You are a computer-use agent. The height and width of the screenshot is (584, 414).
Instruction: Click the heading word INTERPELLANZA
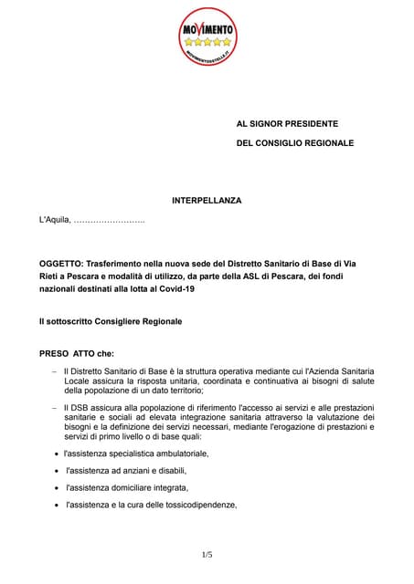pyautogui.click(x=207, y=200)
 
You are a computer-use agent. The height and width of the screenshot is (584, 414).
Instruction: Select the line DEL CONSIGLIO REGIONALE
pyautogui.click(x=295, y=143)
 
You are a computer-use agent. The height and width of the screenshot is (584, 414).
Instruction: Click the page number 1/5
pyautogui.click(x=207, y=555)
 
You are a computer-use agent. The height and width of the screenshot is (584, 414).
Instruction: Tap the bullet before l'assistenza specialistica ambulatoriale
pyautogui.click(x=58, y=454)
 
